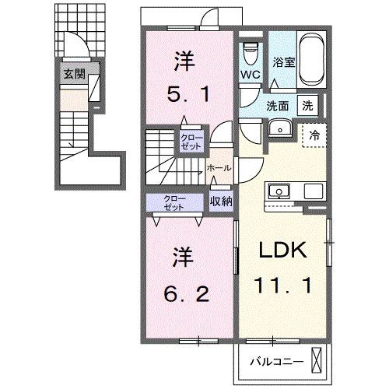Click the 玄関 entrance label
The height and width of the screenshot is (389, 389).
tap(75, 75)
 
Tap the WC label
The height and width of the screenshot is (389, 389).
tap(249, 75)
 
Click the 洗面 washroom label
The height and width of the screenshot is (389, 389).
tap(279, 106)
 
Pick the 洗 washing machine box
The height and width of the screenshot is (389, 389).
tap(308, 106)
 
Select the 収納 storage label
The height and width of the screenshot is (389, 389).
tap(221, 201)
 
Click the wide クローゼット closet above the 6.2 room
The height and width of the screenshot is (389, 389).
tap(175, 201)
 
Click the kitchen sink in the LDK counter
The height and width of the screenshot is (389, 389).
tap(277, 191)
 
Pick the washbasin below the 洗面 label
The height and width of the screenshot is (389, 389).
tap(279, 128)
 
